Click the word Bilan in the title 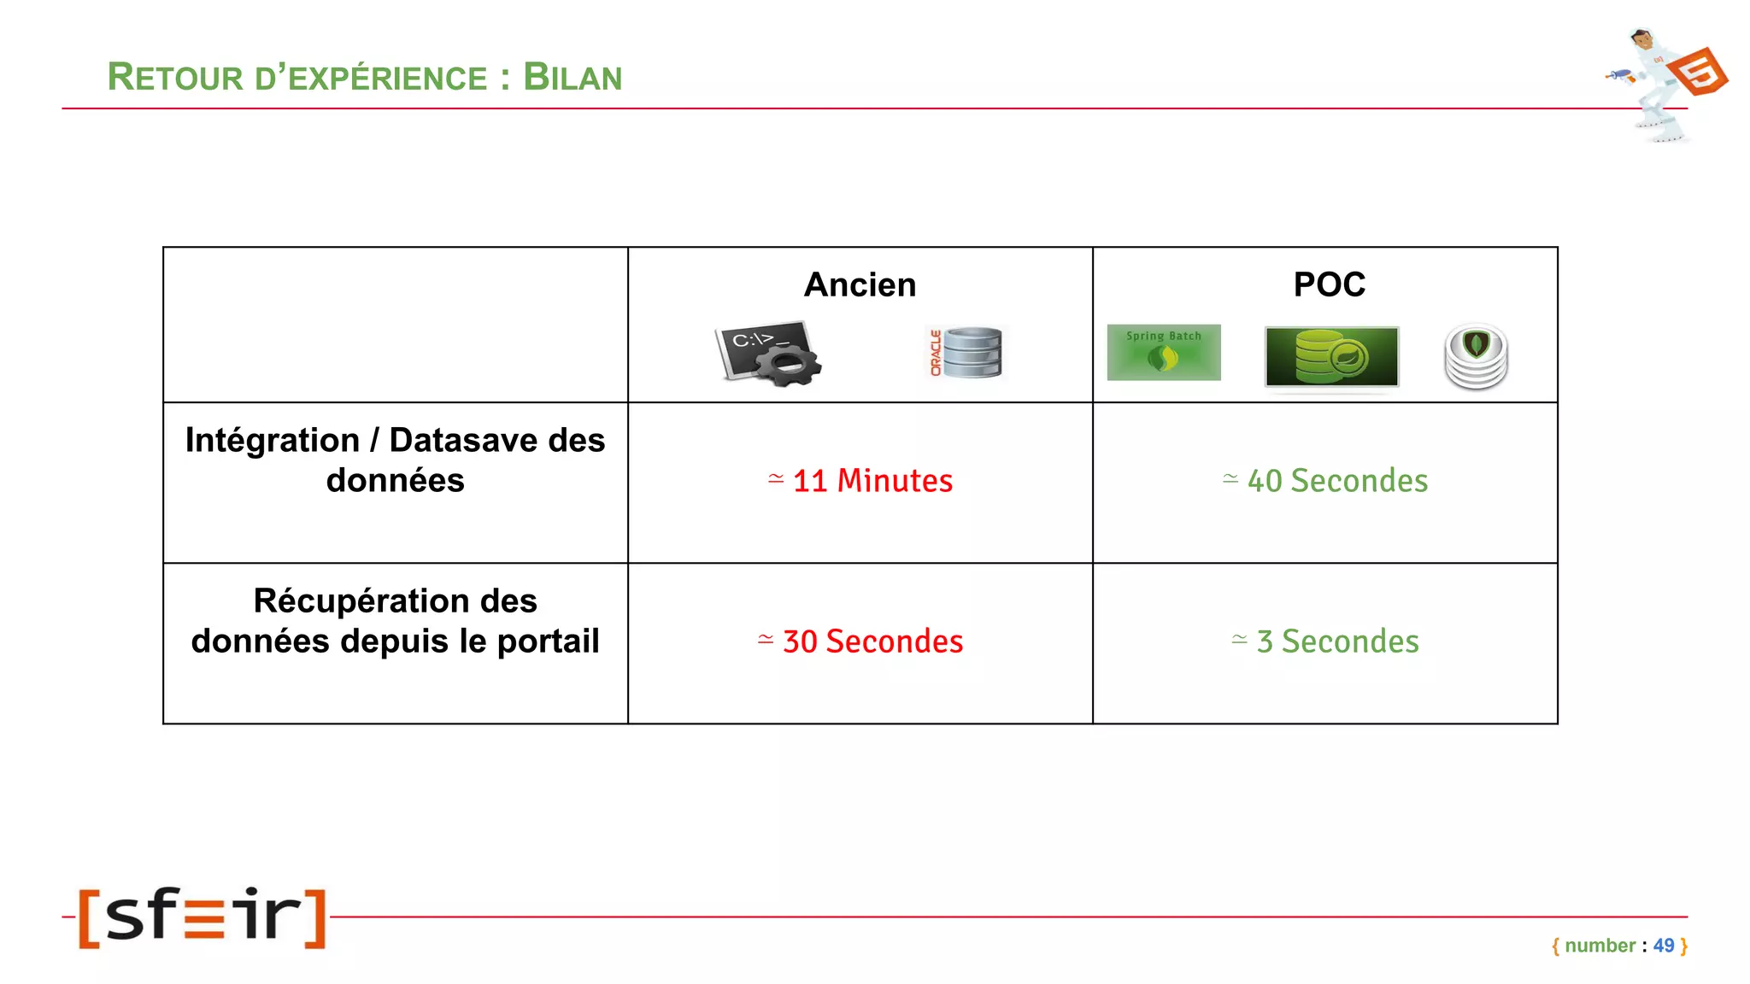click(x=573, y=78)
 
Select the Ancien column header click(x=860, y=284)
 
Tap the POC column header click(x=1329, y=284)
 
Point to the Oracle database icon click(x=966, y=353)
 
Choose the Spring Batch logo click(x=1163, y=352)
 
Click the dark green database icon click(x=1331, y=356)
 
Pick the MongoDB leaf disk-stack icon click(x=1476, y=356)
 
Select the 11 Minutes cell click(x=861, y=481)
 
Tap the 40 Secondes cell click(x=1326, y=481)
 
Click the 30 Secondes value click(x=861, y=641)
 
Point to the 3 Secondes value click(x=1326, y=641)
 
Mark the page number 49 click(x=1663, y=946)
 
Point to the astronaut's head click(x=1641, y=39)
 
